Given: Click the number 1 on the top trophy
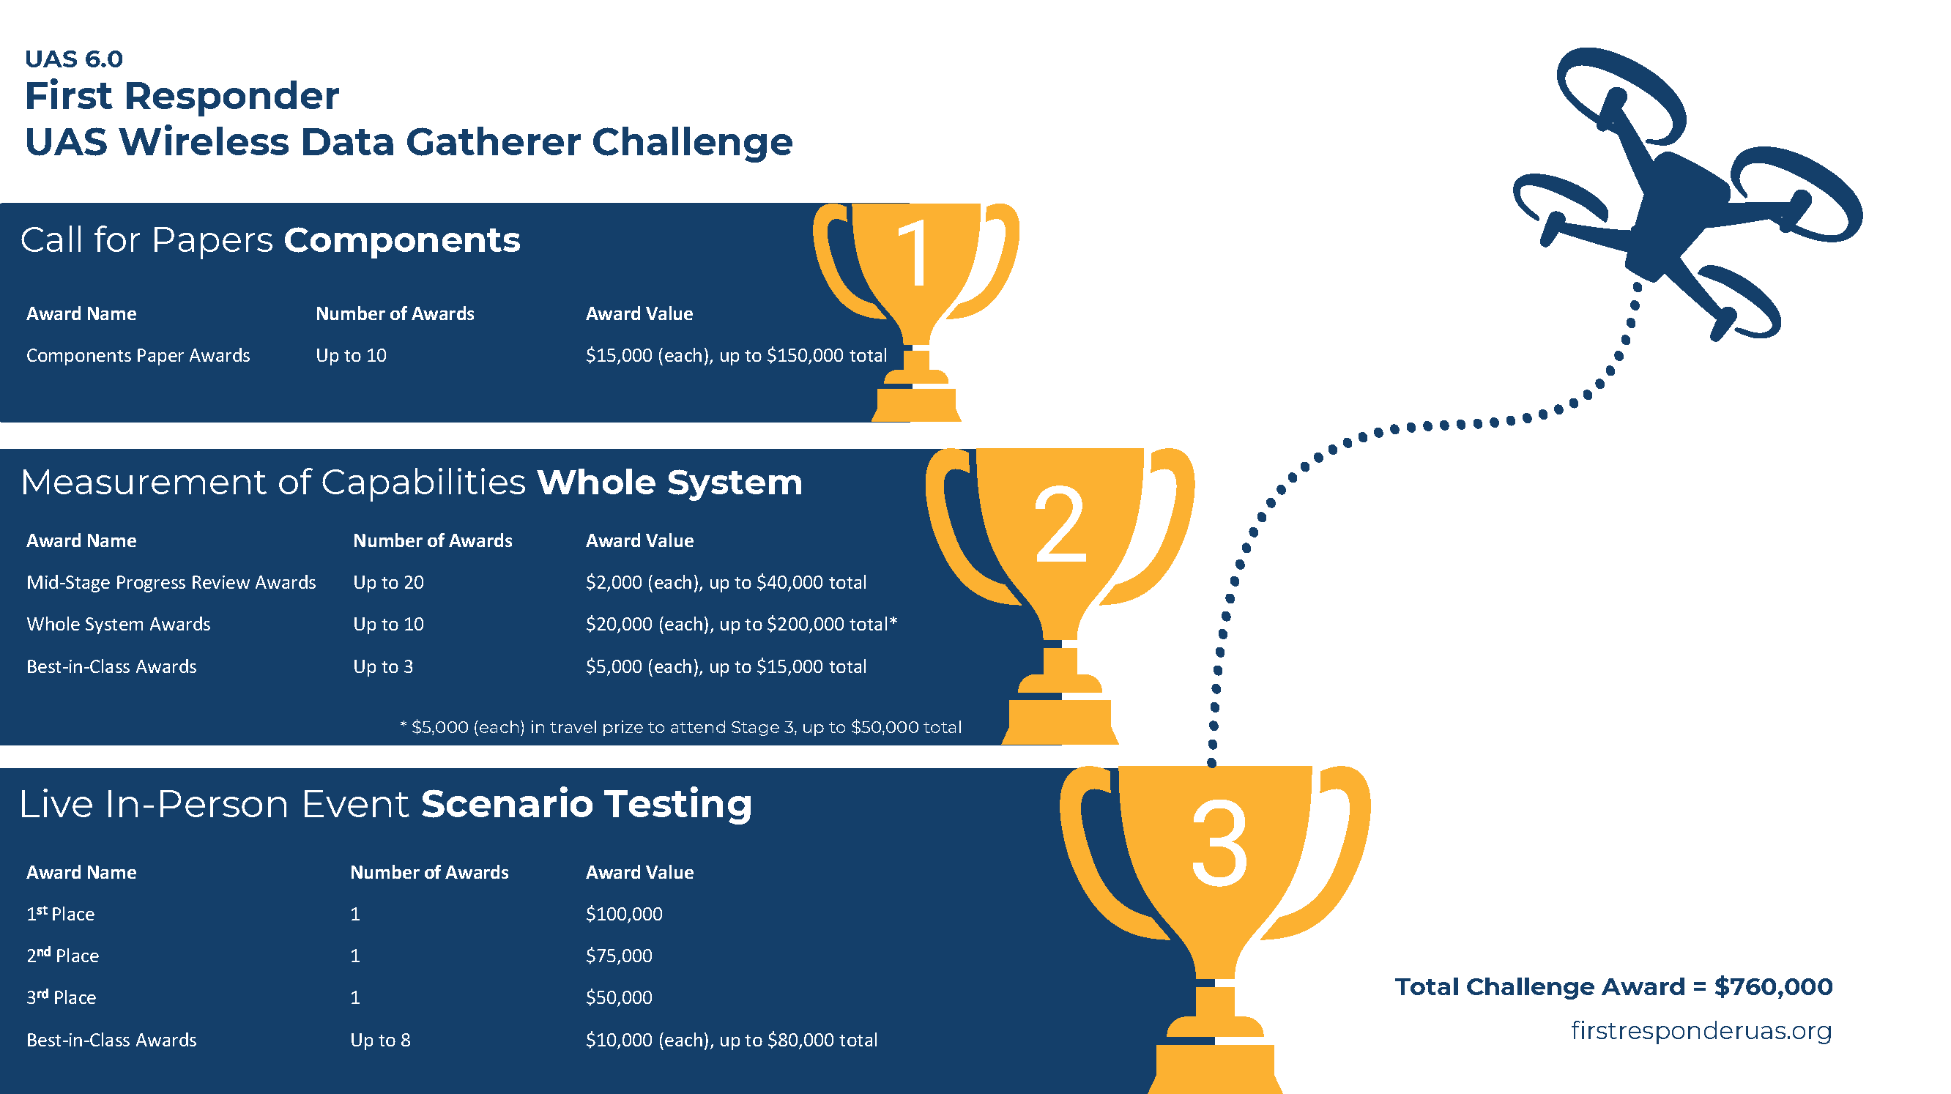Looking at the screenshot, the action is (x=914, y=253).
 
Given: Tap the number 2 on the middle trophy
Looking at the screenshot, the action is (x=1060, y=524).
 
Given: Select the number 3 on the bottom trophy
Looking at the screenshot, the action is (x=1219, y=844).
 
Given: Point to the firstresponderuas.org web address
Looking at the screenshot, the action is (x=1701, y=1030).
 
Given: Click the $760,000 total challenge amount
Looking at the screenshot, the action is (x=1774, y=986).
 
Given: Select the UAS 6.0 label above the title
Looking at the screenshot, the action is (x=73, y=59).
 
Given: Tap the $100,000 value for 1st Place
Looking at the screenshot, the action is (x=624, y=914).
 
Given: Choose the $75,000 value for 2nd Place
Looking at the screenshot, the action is (x=619, y=956).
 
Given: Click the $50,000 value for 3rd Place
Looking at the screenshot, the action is (x=619, y=997).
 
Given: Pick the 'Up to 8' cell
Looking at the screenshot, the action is (x=380, y=1040).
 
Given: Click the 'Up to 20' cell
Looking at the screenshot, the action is (x=389, y=582).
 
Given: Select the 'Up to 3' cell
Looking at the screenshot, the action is (x=383, y=666).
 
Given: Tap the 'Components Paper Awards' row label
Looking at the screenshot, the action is (x=138, y=355).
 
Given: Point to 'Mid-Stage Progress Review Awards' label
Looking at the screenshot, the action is (x=171, y=582).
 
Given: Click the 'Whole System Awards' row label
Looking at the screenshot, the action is (x=118, y=624).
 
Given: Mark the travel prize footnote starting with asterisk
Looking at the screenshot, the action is (x=681, y=727).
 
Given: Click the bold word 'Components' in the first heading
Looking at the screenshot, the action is (x=402, y=240).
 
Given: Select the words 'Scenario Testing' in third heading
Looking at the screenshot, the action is (x=586, y=803).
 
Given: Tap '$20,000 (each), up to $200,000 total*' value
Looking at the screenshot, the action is (x=741, y=624).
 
